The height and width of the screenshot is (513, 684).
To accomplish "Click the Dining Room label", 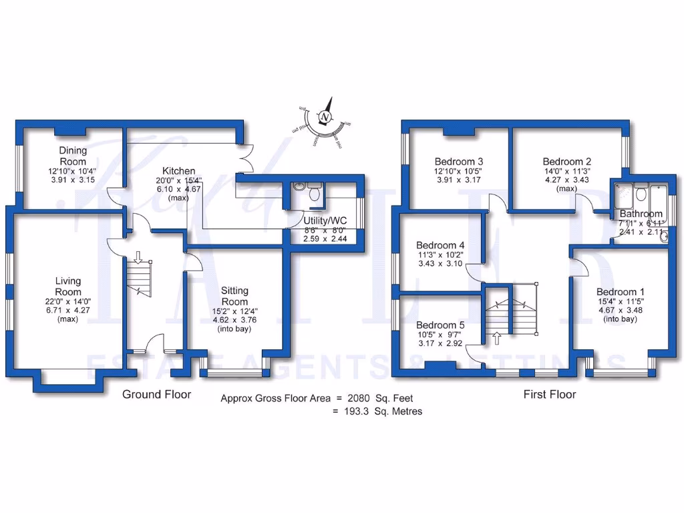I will (x=72, y=156).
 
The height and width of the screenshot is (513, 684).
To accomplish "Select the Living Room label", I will (x=67, y=287).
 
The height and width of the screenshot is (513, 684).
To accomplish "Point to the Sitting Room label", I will (x=234, y=296).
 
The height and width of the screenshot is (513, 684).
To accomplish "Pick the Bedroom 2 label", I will (x=566, y=162).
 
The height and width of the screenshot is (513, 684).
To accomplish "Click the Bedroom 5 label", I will (x=440, y=325).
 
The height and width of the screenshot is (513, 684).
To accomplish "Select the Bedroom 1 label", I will (x=621, y=292).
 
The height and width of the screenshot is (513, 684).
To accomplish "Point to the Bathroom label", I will (x=641, y=214).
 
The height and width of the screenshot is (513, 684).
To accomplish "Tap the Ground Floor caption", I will (x=156, y=394).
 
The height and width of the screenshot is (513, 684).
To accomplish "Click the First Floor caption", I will (x=549, y=394).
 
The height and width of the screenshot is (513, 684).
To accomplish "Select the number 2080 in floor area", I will (x=361, y=399).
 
